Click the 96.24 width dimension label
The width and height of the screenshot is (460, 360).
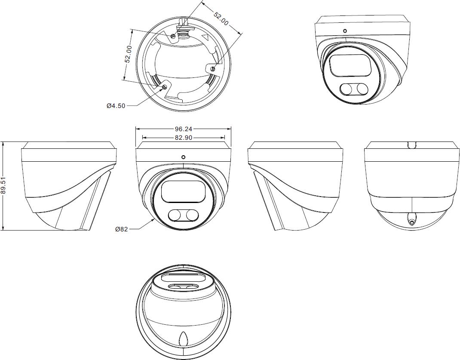[183, 129]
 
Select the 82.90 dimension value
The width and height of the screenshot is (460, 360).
[183, 137]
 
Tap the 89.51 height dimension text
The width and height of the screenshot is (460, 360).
[3, 186]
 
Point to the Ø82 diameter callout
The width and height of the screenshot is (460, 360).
[122, 229]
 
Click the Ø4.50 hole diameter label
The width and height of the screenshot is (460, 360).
[116, 106]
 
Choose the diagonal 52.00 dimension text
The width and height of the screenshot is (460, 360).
[221, 18]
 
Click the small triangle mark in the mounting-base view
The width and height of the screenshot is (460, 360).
[205, 37]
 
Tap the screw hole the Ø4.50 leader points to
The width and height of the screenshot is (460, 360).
[164, 87]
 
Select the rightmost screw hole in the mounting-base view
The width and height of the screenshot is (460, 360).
[213, 69]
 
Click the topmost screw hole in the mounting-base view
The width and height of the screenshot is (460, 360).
[173, 36]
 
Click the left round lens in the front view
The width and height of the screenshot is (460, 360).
[175, 215]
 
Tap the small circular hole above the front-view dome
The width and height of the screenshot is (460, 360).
[183, 157]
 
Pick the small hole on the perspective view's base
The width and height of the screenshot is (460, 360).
[345, 31]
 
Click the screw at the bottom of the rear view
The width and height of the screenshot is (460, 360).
[411, 219]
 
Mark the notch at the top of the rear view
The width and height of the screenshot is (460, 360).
[412, 145]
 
